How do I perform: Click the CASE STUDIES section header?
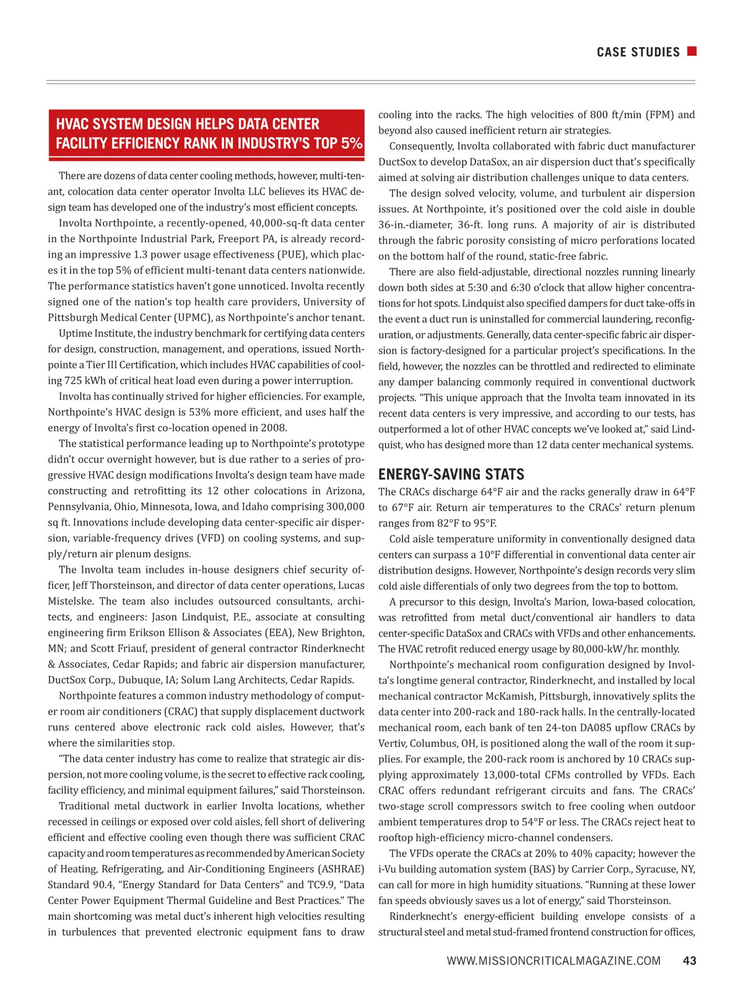click(x=638, y=53)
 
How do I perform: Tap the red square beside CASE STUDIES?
click(x=692, y=51)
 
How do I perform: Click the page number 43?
click(x=689, y=961)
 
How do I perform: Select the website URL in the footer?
click(x=554, y=961)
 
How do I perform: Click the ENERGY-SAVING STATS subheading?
click(x=451, y=475)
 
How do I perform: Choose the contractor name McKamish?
click(x=511, y=697)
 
